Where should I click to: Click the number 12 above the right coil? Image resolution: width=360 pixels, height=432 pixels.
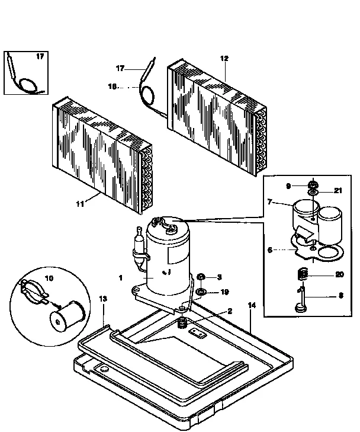[x=224, y=58]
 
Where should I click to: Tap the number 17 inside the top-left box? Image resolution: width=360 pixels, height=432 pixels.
[x=40, y=57]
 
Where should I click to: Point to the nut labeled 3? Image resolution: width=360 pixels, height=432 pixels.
[x=201, y=277]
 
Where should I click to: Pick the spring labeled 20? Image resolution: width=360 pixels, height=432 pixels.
[x=302, y=275]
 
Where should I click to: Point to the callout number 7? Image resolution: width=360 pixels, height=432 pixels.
[x=270, y=202]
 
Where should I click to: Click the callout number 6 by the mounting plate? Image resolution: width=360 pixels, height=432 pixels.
[x=269, y=251]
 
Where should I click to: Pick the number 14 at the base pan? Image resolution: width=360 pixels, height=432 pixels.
[x=252, y=305]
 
